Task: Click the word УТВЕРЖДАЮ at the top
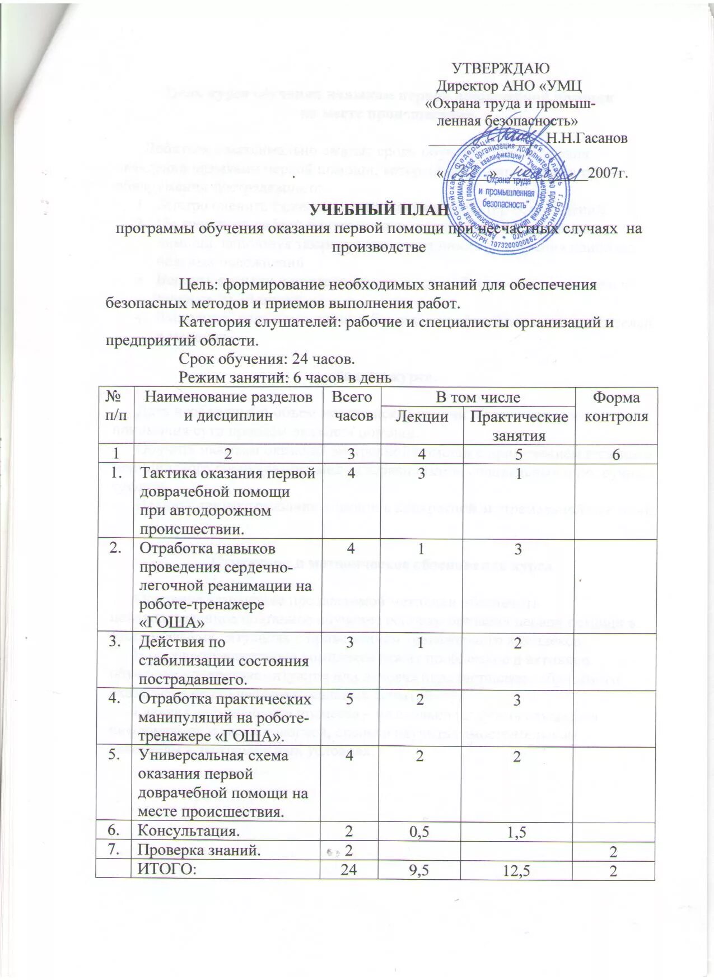500,68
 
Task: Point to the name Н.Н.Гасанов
586,138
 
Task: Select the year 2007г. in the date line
608,172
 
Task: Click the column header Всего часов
351,406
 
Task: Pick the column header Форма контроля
616,406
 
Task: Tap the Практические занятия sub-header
519,426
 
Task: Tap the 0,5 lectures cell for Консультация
421,832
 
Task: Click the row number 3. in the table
116,642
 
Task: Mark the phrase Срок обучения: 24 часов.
266,358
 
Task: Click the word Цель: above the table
199,285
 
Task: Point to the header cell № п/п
115,406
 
